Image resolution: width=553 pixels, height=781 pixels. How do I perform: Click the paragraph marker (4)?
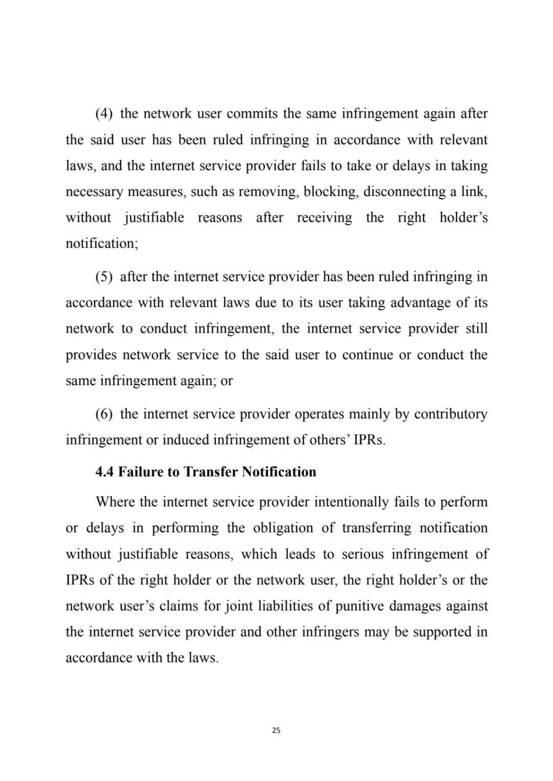click(104, 114)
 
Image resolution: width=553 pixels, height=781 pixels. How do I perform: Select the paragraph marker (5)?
click(104, 277)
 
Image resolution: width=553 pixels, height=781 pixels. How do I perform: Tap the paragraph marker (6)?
click(104, 414)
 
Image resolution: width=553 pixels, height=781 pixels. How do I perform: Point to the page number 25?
click(276, 730)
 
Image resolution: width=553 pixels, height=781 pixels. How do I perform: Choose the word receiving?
click(325, 218)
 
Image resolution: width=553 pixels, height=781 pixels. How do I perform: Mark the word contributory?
click(451, 414)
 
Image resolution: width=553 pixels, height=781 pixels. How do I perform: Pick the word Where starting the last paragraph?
click(113, 502)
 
